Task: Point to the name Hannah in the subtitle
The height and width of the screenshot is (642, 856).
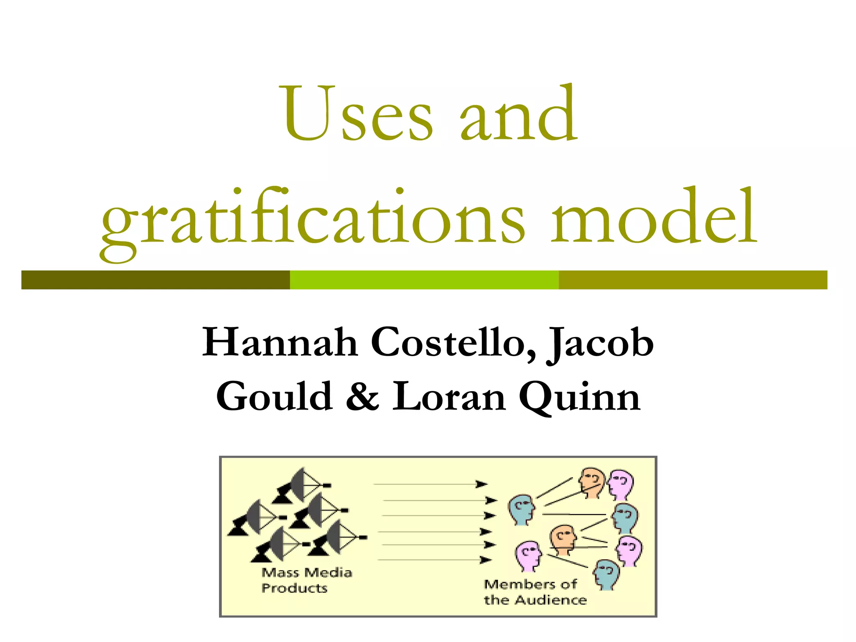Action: pos(280,343)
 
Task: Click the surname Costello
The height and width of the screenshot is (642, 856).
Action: pos(453,343)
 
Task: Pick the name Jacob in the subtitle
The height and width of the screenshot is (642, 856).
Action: pos(600,344)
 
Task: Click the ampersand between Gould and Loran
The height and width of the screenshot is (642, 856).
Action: pos(362,397)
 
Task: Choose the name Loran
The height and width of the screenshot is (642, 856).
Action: pos(449,397)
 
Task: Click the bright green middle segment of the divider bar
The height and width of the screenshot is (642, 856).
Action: pos(424,280)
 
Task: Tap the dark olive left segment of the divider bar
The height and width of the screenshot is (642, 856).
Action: pos(155,280)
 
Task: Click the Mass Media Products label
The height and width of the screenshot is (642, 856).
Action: pos(306,580)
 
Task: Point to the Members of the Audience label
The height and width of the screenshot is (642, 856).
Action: pos(535,592)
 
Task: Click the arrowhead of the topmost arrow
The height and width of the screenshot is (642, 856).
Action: pos(482,484)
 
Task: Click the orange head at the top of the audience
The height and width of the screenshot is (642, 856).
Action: pos(592,482)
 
